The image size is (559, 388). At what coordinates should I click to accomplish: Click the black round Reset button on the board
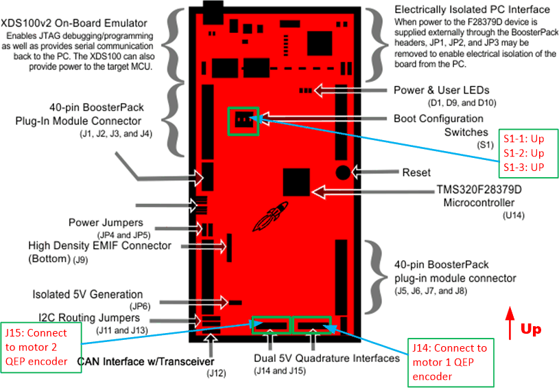[x=344, y=171]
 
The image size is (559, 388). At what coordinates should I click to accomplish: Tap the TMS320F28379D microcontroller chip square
[x=296, y=181]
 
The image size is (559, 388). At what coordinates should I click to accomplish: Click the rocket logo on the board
[x=265, y=220]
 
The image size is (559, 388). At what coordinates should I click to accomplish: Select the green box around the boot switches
[x=243, y=122]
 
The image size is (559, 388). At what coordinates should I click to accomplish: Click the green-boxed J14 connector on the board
[x=312, y=324]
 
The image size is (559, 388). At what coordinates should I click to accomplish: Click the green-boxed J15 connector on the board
[x=272, y=324]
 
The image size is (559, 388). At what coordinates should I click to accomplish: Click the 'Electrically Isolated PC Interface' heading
[x=472, y=10]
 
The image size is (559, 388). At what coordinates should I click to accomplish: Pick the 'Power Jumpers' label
[x=106, y=222]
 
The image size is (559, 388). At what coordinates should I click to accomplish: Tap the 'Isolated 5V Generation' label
[x=88, y=295]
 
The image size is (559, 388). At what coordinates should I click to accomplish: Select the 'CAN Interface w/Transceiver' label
[x=145, y=361]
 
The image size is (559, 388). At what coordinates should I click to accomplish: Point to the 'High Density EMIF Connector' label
[x=100, y=245]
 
